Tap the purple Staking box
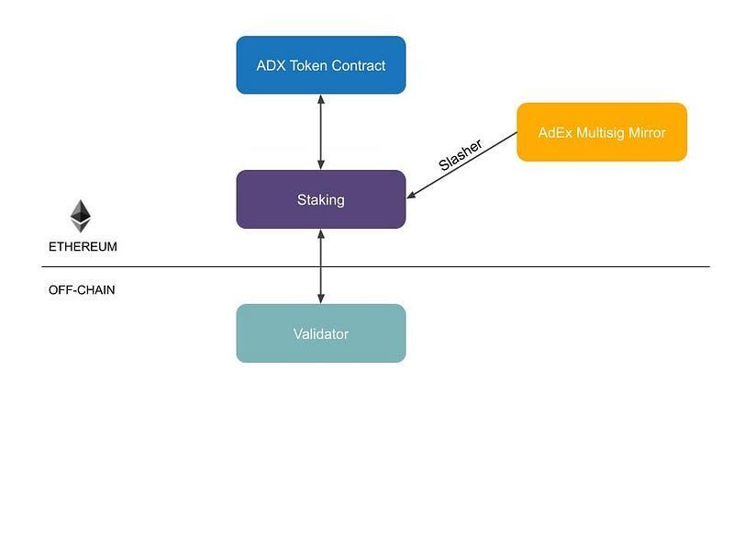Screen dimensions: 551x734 tap(320, 199)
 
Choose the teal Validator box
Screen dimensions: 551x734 tap(320, 333)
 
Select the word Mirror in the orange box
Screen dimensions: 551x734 tap(646, 132)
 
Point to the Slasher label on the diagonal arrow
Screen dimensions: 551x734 tap(460, 155)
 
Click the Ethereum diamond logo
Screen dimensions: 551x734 tap(81, 215)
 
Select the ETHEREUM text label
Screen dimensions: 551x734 tap(83, 247)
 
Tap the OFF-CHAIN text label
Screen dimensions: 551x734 tap(82, 290)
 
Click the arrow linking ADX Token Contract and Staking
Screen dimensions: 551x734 tap(320, 131)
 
